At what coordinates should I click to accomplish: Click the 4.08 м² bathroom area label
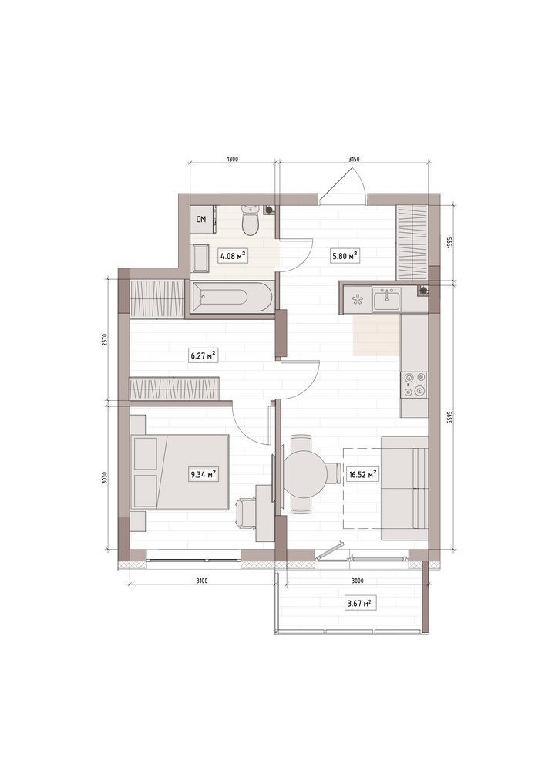pos(232,256)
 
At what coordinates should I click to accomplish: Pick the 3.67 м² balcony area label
pos(362,603)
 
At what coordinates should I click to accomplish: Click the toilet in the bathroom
pos(250,221)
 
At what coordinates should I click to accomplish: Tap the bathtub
pos(231,297)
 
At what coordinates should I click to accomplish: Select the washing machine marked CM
pos(201,219)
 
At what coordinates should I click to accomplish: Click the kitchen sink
pos(387,298)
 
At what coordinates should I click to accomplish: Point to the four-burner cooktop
pos(413,385)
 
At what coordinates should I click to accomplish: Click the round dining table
pos(306,474)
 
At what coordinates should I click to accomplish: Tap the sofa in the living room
pos(405,489)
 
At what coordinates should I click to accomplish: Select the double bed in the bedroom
pos(180,472)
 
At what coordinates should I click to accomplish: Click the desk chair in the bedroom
pos(246,513)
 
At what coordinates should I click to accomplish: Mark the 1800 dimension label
pos(233,159)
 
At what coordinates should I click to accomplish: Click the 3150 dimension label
pos(354,159)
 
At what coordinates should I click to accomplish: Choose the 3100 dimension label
pos(201,581)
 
